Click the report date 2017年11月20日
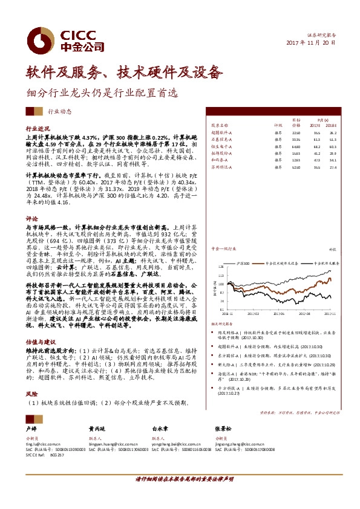(x=310, y=44)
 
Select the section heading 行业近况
(x=38, y=129)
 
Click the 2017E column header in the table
(x=314, y=125)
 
